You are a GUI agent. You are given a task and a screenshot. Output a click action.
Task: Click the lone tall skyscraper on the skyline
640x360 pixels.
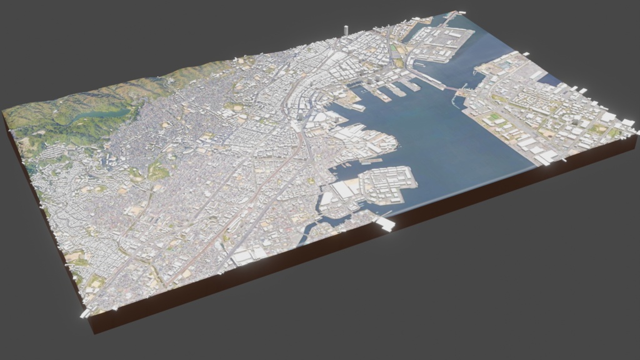pyautogui.click(x=346, y=31)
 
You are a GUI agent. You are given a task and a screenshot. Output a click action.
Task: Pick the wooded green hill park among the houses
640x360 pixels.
pyautogui.click(x=157, y=169)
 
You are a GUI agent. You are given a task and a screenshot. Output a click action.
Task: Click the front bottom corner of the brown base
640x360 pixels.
pyautogui.click(x=93, y=331)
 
